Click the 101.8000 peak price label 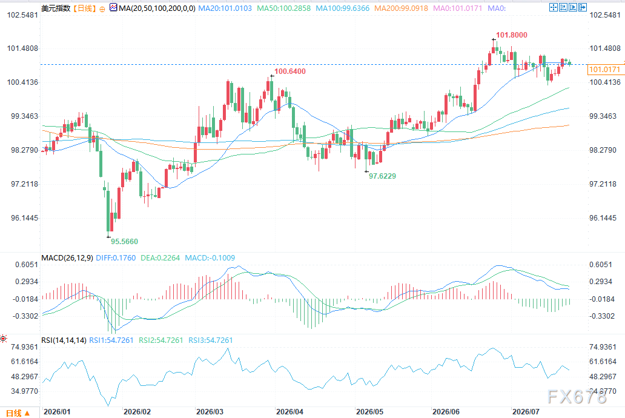point(511,35)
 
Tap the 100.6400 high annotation point(289,71)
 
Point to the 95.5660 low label point(124,241)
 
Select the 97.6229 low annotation point(382,176)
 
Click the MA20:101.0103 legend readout point(225,8)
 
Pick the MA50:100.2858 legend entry point(284,8)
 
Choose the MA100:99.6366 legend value point(342,8)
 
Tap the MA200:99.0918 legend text point(401,8)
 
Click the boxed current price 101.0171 point(604,70)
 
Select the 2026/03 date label point(210,411)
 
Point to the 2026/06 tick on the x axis point(446,411)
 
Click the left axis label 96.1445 point(25,218)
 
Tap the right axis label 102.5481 point(605,15)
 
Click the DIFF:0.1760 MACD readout point(116,258)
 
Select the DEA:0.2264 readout point(160,258)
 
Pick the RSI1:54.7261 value point(111,340)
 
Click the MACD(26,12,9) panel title point(67,258)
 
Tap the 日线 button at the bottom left point(18,413)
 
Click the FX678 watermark point(577,396)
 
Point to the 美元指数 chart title point(56,8)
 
